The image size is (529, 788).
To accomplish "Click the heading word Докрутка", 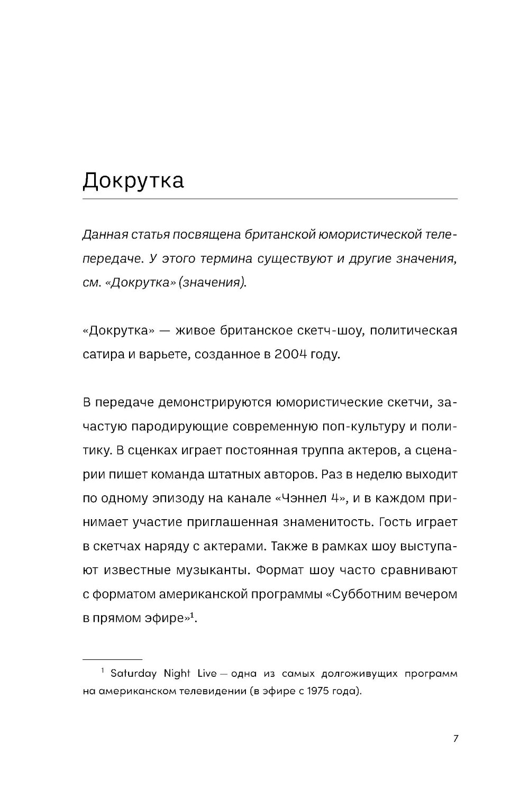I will [133, 181].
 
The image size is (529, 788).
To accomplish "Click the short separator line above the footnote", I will [113, 659].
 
